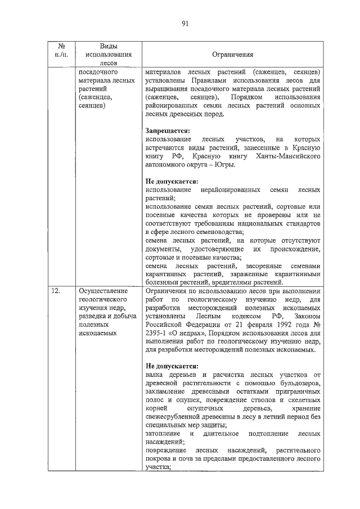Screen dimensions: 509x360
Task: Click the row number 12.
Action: click(x=55, y=291)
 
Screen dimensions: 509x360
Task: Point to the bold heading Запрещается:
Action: click(x=168, y=130)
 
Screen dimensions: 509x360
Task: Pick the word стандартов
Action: click(x=303, y=223)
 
